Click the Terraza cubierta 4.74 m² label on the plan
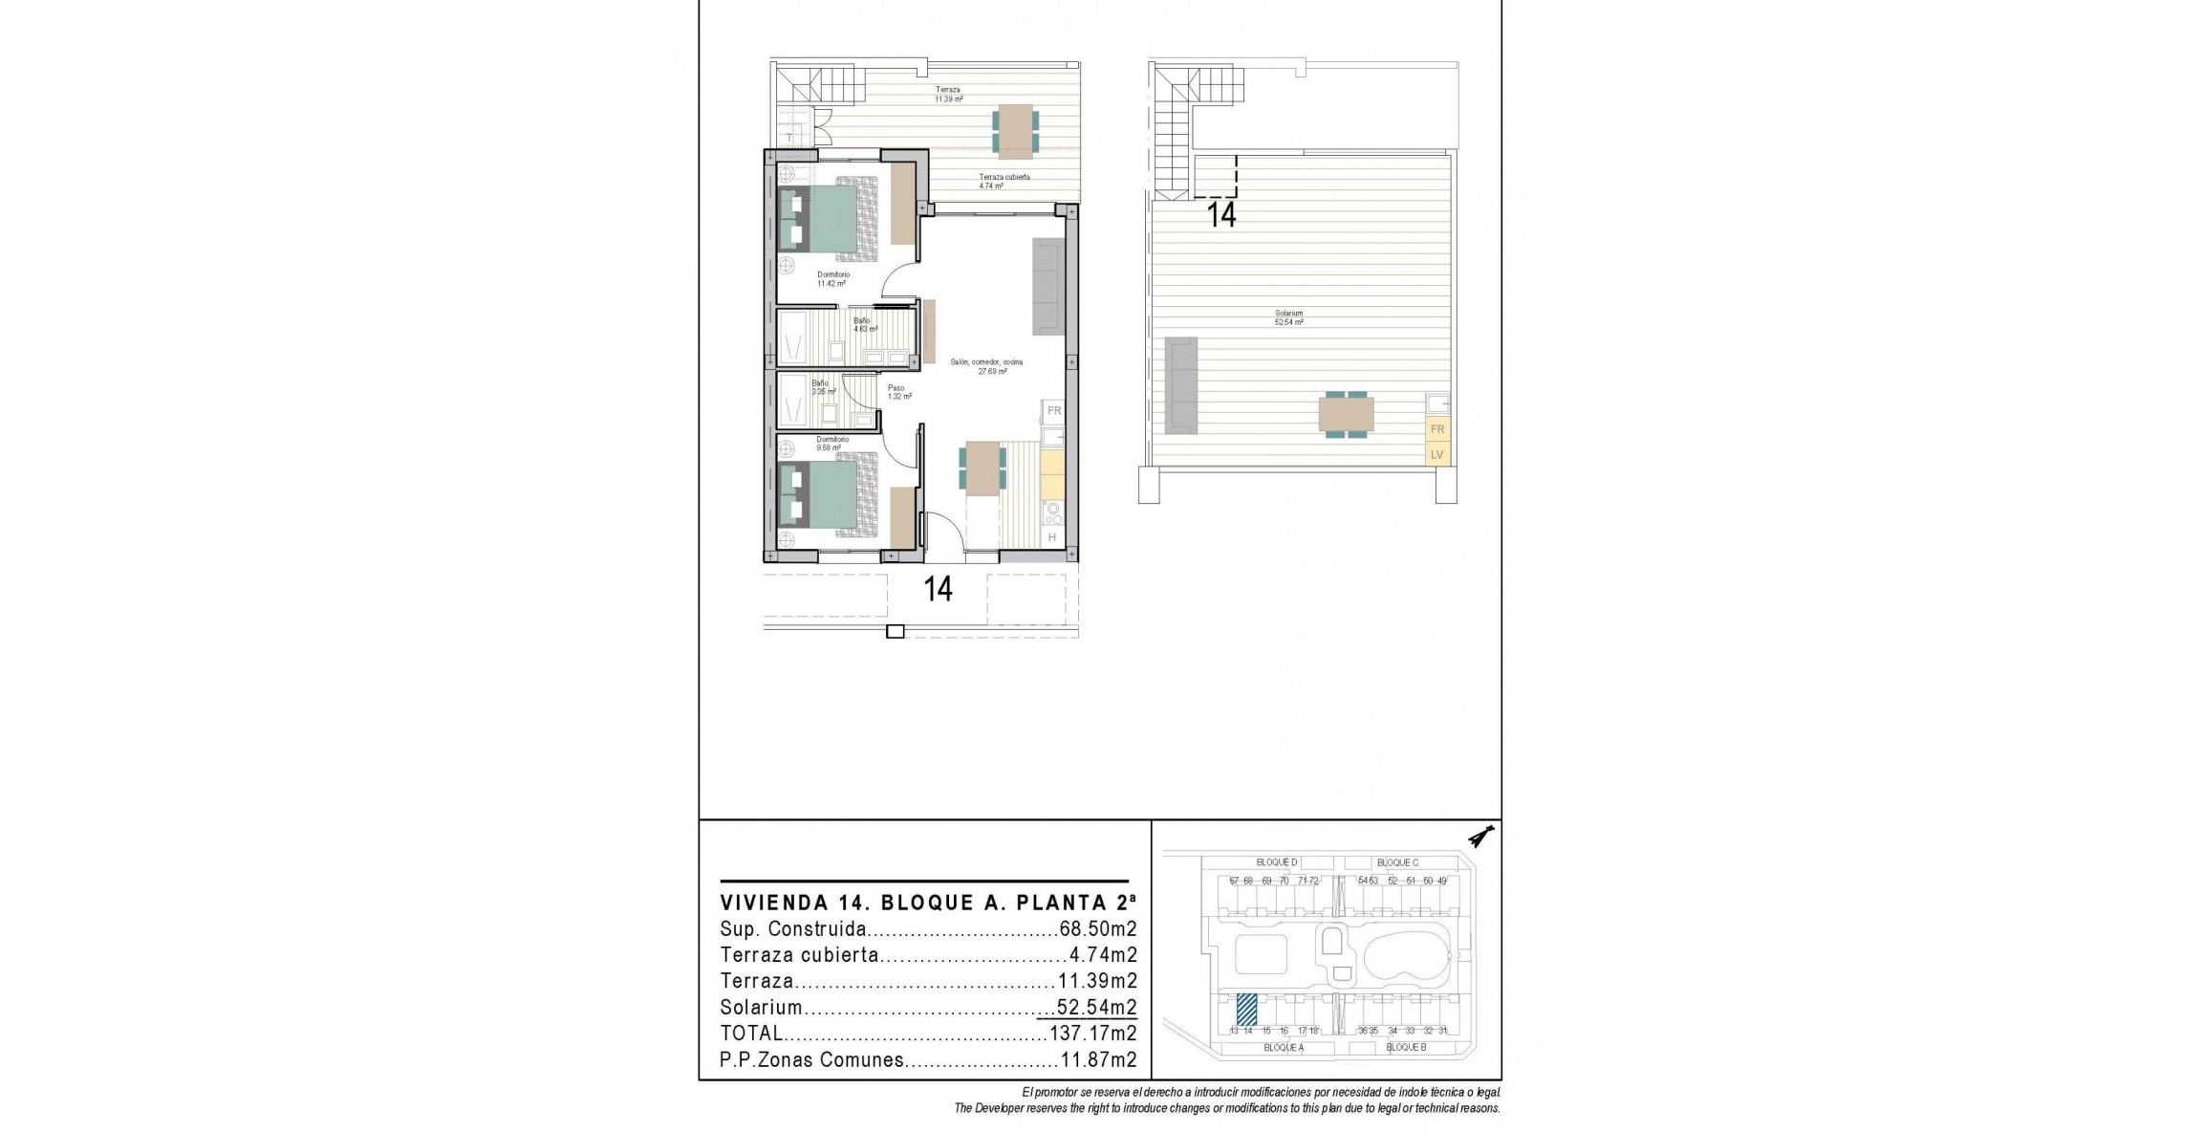click(1004, 181)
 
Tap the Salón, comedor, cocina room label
click(986, 366)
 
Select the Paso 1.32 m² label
click(896, 392)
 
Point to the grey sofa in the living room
click(1048, 286)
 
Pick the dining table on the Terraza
click(1015, 131)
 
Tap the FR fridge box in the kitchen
click(1054, 411)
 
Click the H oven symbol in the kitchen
click(1052, 537)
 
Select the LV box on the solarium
click(1436, 454)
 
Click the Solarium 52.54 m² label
click(1288, 317)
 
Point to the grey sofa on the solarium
click(1181, 385)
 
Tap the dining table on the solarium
click(1346, 415)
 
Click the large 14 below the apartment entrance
click(938, 589)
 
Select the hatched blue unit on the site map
click(1246, 1009)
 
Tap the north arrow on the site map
click(1480, 838)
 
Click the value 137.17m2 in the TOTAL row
click(1092, 1034)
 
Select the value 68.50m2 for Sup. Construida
click(1097, 929)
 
